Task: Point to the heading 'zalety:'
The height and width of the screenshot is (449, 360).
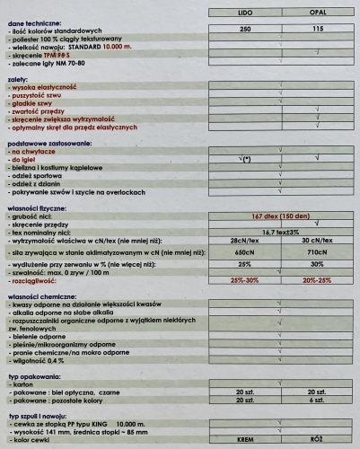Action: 18,80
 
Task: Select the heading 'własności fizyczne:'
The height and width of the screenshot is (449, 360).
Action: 41,206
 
